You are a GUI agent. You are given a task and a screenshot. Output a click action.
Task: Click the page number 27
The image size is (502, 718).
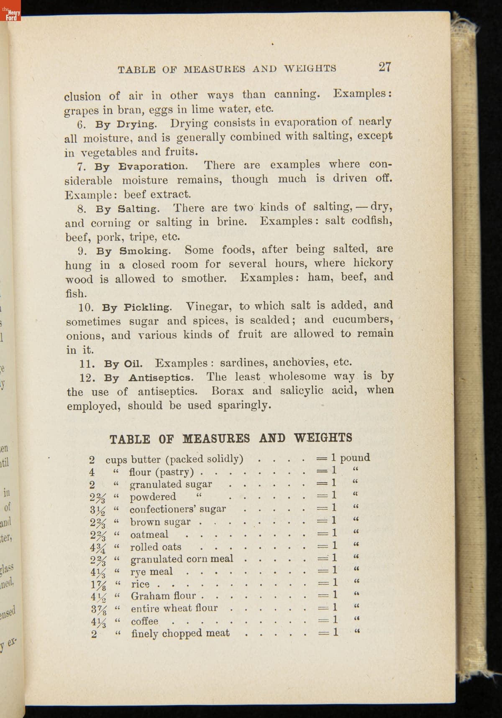click(384, 67)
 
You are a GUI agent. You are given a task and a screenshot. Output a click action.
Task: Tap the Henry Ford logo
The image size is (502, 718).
click(10, 14)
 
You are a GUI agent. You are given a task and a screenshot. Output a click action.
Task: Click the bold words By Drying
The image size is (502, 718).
click(126, 124)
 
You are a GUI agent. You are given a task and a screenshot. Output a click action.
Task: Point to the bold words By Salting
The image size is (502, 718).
click(127, 209)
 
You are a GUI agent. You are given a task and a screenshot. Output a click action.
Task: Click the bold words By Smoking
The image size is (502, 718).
click(133, 251)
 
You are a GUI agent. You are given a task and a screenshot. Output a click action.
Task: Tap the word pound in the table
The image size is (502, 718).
click(355, 457)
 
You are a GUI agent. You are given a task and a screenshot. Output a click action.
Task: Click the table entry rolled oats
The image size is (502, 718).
click(156, 547)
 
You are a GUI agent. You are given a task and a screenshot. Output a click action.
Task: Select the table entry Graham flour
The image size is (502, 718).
click(163, 596)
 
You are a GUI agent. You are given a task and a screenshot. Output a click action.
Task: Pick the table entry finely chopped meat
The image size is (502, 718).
click(180, 633)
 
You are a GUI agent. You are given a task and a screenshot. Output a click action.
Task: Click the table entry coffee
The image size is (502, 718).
click(145, 621)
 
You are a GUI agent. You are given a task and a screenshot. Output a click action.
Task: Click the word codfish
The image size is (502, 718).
click(372, 221)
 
